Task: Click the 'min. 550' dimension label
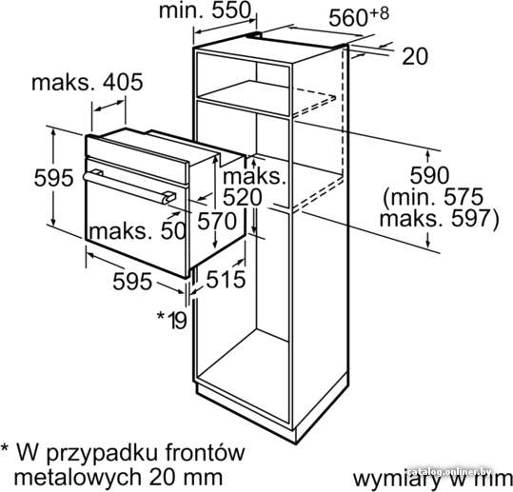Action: click(x=206, y=10)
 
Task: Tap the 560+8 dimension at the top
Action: click(x=359, y=17)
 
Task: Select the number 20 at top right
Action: click(x=415, y=56)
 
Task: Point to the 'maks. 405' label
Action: click(x=88, y=82)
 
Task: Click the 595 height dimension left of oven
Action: click(x=54, y=178)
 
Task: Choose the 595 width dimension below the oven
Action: click(x=132, y=282)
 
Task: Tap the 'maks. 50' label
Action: click(x=138, y=231)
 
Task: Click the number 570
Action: click(x=217, y=221)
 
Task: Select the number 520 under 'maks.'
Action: click(x=243, y=197)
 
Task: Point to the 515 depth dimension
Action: click(x=226, y=280)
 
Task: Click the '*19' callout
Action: click(x=172, y=320)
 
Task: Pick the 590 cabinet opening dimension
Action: click(x=429, y=176)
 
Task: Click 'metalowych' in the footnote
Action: click(x=77, y=478)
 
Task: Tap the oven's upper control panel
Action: click(x=137, y=159)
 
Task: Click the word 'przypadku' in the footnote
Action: click(x=104, y=454)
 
